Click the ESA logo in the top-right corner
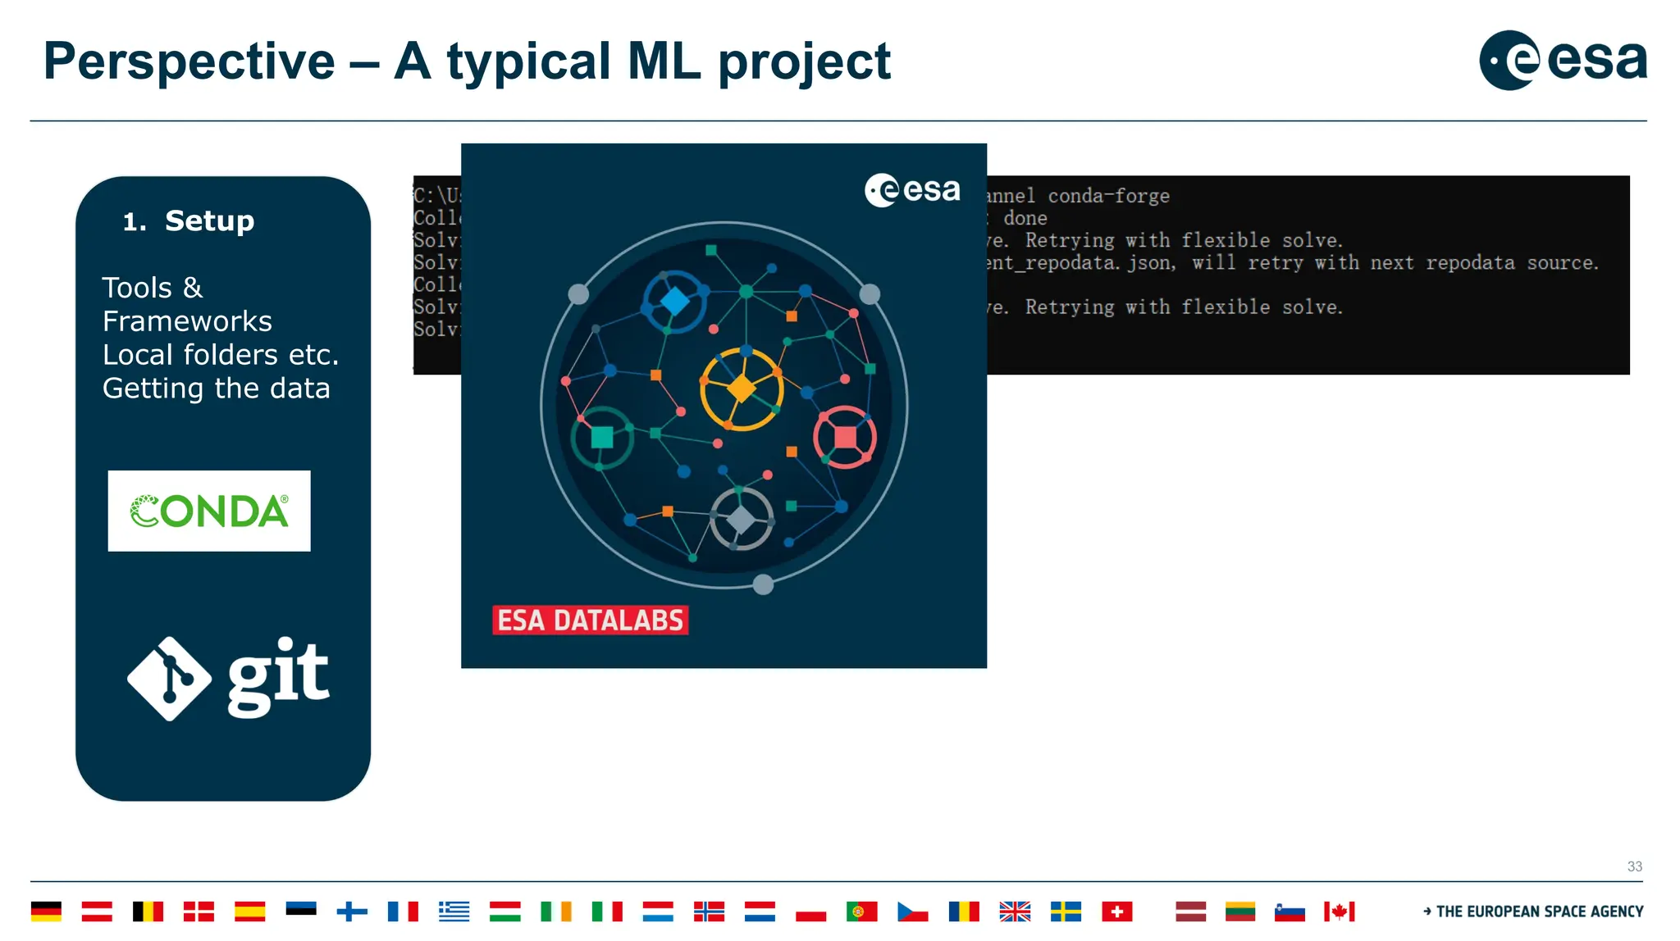click(x=1562, y=60)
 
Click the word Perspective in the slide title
click(x=189, y=61)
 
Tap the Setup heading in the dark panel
click(x=209, y=220)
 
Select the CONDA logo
click(x=209, y=511)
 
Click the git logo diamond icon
click(x=170, y=679)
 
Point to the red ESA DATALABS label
click(x=590, y=621)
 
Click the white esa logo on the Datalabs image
click(x=912, y=190)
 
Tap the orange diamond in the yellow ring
click(x=742, y=388)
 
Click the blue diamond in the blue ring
click(x=675, y=301)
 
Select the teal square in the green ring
click(x=602, y=437)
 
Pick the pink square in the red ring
click(x=845, y=437)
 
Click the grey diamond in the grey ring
click(x=741, y=519)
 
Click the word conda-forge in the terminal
click(x=1108, y=196)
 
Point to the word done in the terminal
click(x=1025, y=218)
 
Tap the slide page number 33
click(x=1634, y=866)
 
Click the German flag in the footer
click(x=46, y=911)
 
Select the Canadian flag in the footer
click(x=1339, y=911)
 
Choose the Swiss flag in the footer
click(x=1116, y=911)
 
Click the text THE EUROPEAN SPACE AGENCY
click(x=1539, y=911)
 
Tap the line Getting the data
click(x=217, y=388)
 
